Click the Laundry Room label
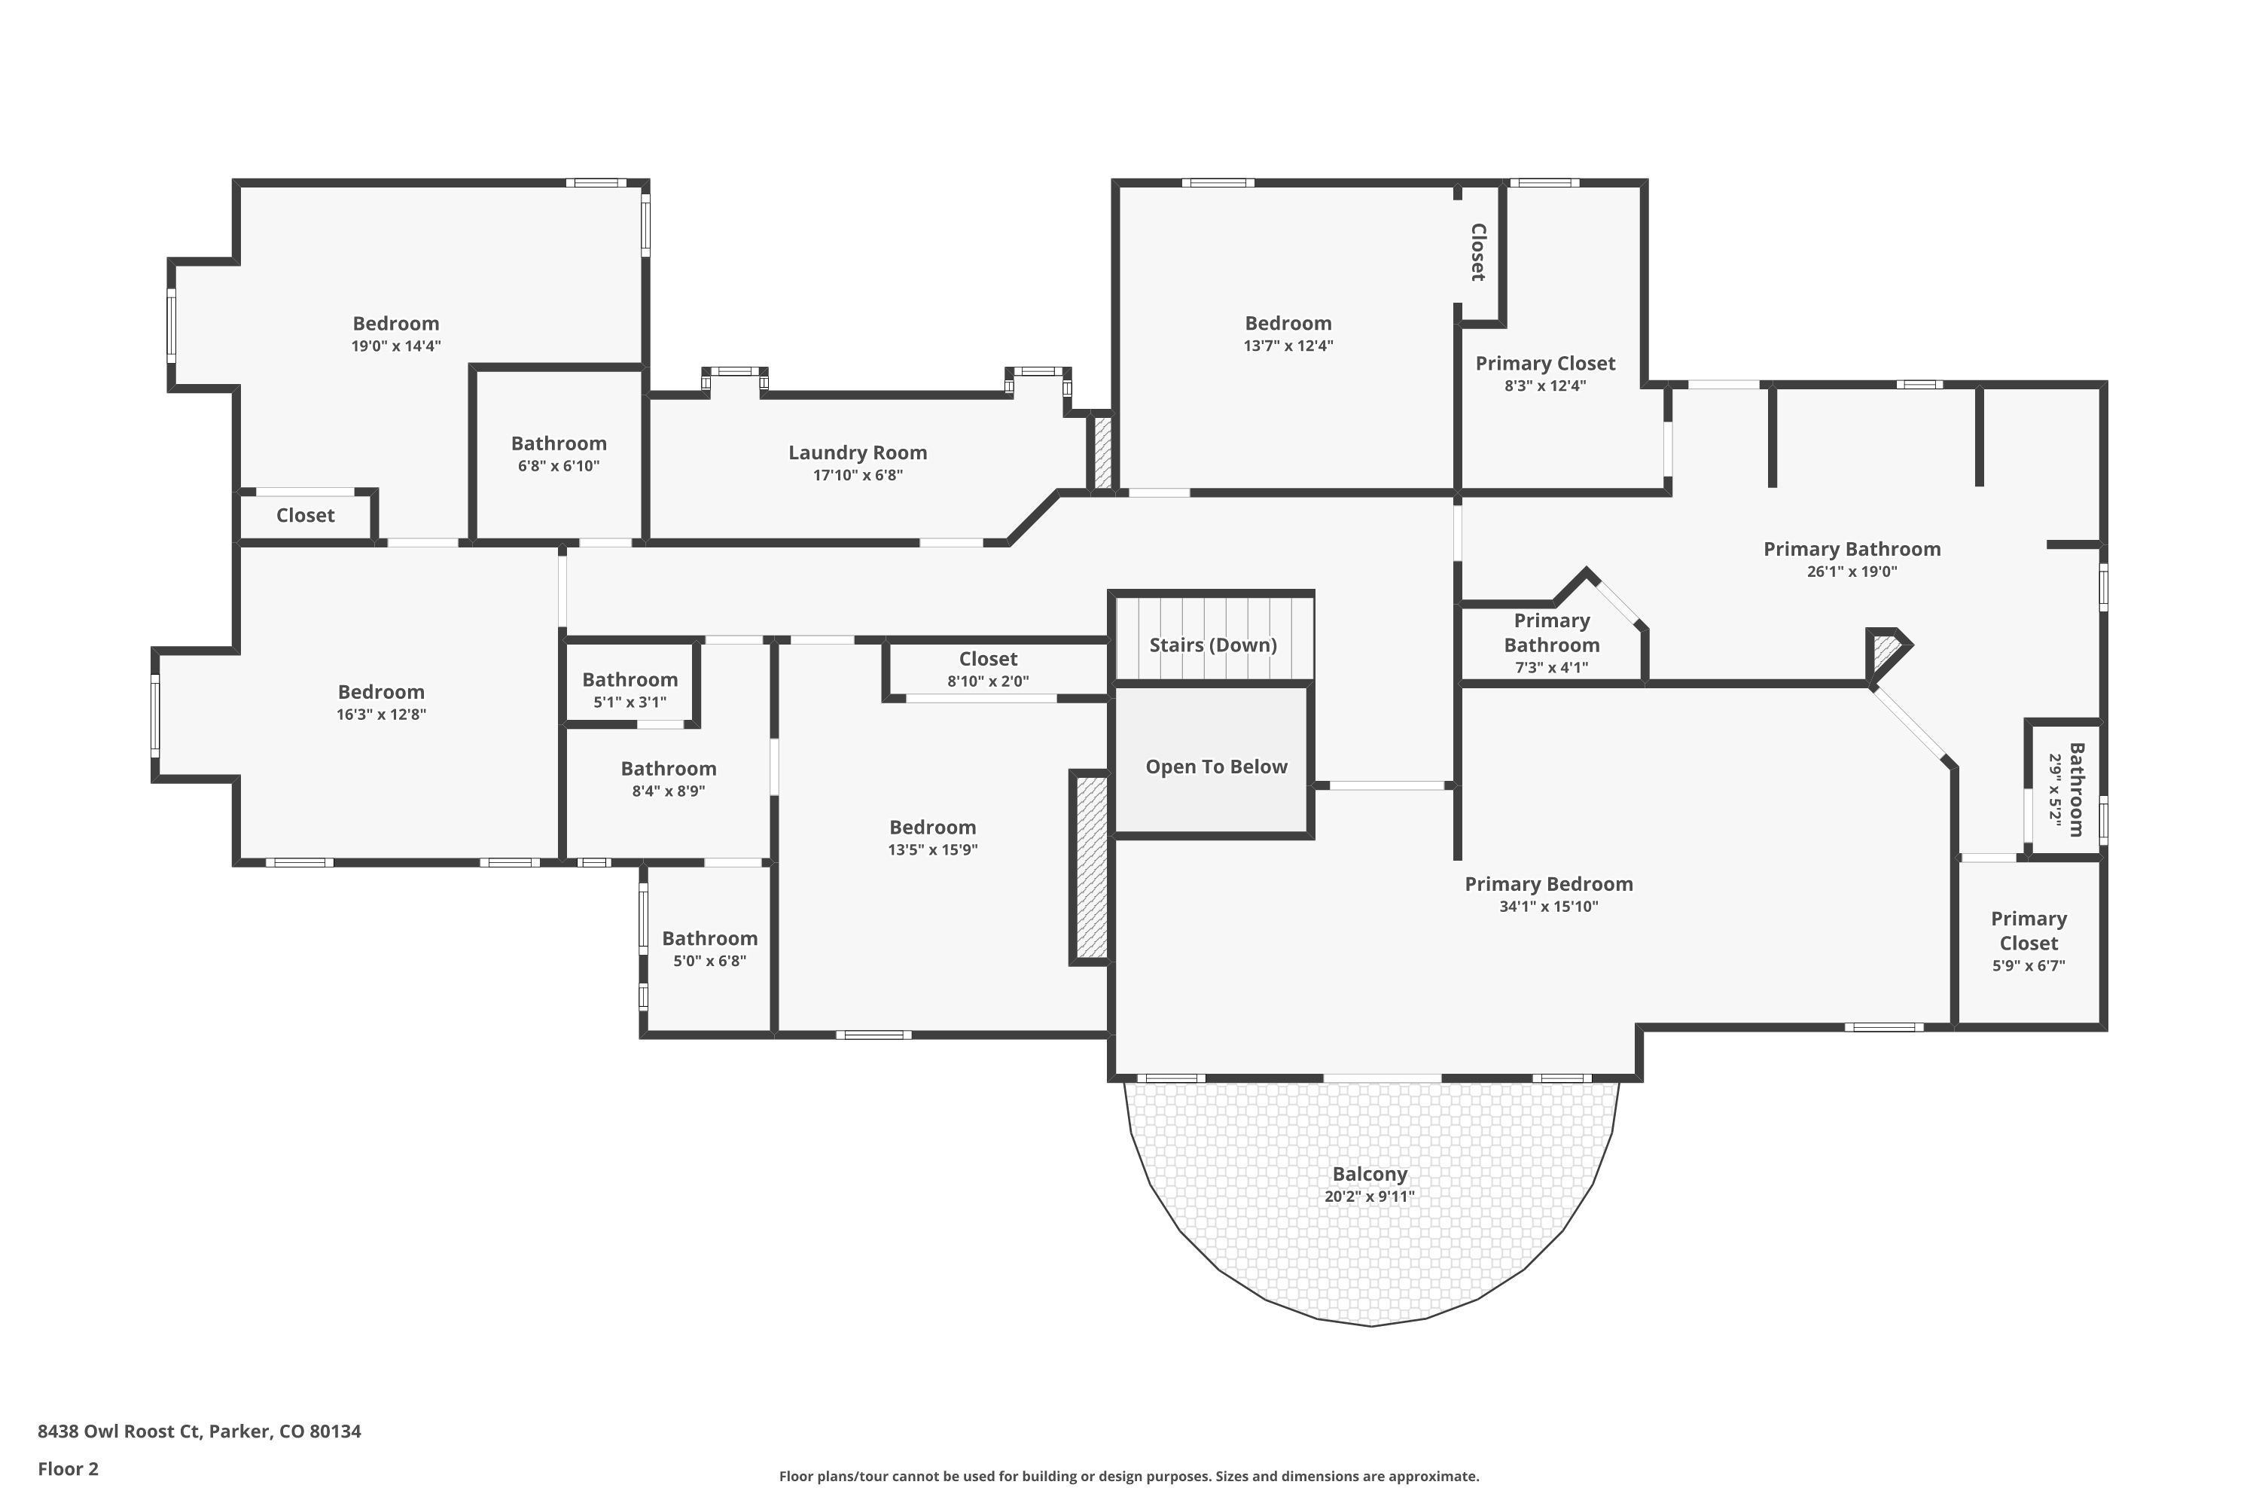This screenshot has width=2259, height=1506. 857,453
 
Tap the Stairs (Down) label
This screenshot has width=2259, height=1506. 1212,645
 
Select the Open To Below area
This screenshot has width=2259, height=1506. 1215,767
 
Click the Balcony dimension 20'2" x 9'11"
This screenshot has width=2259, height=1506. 1369,1197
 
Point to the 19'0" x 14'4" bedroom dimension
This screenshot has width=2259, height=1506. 396,346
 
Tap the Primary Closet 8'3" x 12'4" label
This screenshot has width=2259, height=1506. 1544,364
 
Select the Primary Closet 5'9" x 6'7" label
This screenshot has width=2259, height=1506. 2028,931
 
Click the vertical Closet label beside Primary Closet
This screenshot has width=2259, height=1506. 1478,252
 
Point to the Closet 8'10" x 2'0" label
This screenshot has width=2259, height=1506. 987,659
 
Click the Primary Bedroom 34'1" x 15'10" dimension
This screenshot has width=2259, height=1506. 1547,907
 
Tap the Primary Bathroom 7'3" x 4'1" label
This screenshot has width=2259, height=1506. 1551,633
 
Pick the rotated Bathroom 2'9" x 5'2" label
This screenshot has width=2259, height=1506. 2075,789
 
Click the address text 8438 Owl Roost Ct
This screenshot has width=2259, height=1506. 199,1431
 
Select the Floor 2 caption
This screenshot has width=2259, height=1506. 69,1468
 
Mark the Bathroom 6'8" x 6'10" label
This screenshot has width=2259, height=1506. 558,444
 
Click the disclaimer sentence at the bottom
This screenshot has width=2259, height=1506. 1129,1476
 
